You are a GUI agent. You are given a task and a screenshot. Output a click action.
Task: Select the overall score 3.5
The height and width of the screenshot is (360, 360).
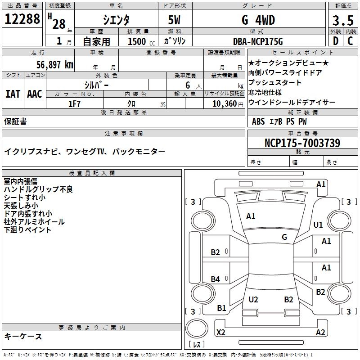342,21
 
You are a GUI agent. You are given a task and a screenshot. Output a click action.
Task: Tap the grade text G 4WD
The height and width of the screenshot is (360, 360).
258,20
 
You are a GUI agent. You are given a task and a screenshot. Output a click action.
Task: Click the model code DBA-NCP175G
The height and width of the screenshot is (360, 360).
258,41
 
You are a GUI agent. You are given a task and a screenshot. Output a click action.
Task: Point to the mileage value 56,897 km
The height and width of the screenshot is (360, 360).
49,64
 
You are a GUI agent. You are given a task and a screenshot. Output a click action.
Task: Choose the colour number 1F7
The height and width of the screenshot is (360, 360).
74,104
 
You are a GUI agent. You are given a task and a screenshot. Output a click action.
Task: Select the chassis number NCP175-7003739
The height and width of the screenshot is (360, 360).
302,143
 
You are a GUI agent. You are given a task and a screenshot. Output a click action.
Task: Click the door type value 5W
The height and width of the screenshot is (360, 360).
175,20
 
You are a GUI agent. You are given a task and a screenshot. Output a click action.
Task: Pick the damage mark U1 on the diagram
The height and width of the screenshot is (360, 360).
318,225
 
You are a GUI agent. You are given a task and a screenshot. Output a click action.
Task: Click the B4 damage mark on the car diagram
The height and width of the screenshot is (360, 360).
216,279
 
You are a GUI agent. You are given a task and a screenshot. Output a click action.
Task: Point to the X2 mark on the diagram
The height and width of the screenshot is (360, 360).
221,332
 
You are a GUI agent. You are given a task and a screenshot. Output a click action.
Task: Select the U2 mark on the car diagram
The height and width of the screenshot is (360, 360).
253,300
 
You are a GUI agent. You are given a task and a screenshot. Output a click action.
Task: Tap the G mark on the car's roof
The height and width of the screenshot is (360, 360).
284,237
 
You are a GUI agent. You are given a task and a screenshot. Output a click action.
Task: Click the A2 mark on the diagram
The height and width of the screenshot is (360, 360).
320,332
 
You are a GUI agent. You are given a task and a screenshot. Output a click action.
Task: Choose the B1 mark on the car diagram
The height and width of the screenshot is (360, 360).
221,308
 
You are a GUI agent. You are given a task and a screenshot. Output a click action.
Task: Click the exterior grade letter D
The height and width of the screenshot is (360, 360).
335,41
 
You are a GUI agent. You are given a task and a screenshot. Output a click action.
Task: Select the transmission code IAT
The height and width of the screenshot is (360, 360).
13,94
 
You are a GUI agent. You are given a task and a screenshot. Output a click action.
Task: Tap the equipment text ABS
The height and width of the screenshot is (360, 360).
258,121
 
